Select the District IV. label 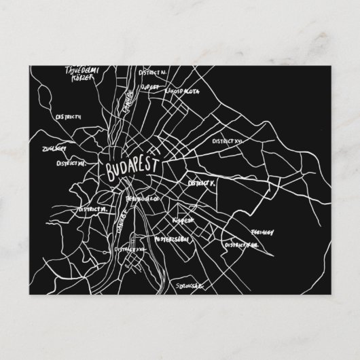point(153,71)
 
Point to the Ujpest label point(148,88)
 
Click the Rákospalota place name point(181,89)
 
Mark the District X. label point(202,183)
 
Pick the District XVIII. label point(240,242)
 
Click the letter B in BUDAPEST point(103,169)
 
